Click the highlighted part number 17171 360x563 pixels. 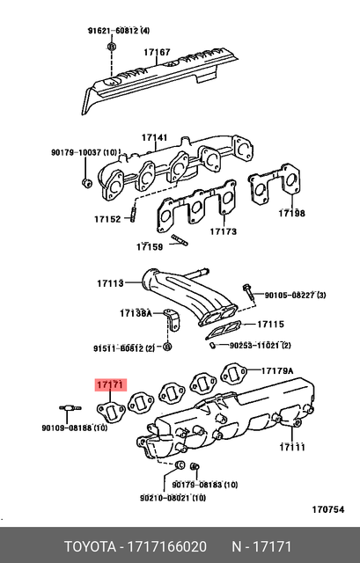tap(111, 384)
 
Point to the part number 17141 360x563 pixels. tap(154, 138)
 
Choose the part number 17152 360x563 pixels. tap(107, 219)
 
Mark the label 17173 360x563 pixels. tap(224, 232)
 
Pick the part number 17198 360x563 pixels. tap(291, 213)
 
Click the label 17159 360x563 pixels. tap(151, 247)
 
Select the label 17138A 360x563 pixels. tap(136, 313)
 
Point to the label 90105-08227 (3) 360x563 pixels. tap(296, 295)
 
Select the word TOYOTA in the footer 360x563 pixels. tap(92, 546)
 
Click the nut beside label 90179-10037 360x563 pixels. tap(85, 183)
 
